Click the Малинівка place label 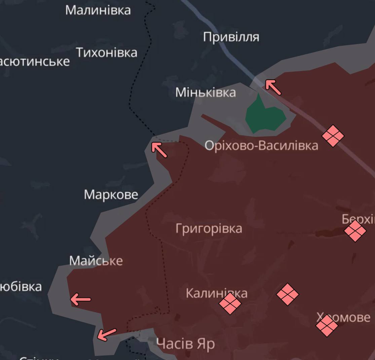coord(98,10)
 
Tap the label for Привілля coord(231,37)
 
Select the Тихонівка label coord(107,53)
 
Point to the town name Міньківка coord(205,93)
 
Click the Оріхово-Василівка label coord(261,146)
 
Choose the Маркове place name coord(111,195)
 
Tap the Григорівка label coord(209,229)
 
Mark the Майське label coord(96,261)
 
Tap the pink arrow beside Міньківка coord(273,87)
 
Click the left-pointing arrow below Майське coord(80,299)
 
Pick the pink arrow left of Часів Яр coord(106,334)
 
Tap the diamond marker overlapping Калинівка coord(230,303)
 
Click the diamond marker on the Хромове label coord(327,325)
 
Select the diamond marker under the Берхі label coord(355,231)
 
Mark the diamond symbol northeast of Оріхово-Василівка coord(333,136)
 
